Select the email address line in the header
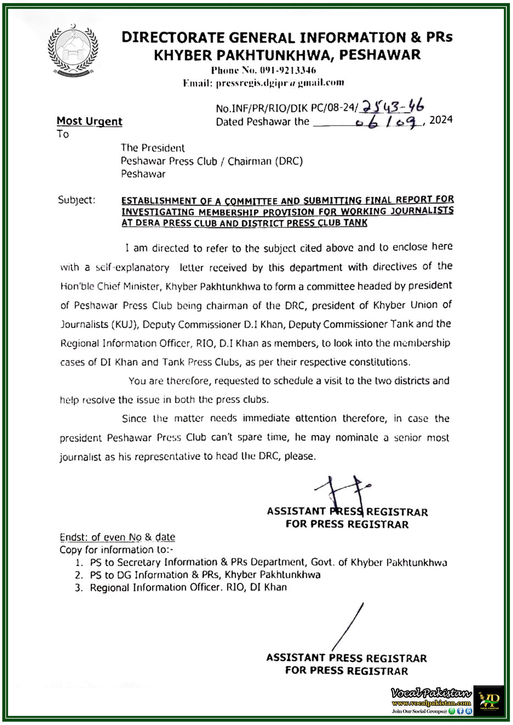tap(263, 83)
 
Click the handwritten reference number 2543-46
tap(392, 107)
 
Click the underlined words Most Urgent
tap(90, 121)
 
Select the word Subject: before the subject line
tap(76, 200)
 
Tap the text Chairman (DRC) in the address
tap(265, 161)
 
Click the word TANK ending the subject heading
tap(355, 223)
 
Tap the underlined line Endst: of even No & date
tap(117, 537)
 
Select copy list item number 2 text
tap(205, 575)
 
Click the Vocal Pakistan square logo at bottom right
tap(488, 701)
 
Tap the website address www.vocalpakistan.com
tap(431, 703)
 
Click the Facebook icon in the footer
tap(460, 711)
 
